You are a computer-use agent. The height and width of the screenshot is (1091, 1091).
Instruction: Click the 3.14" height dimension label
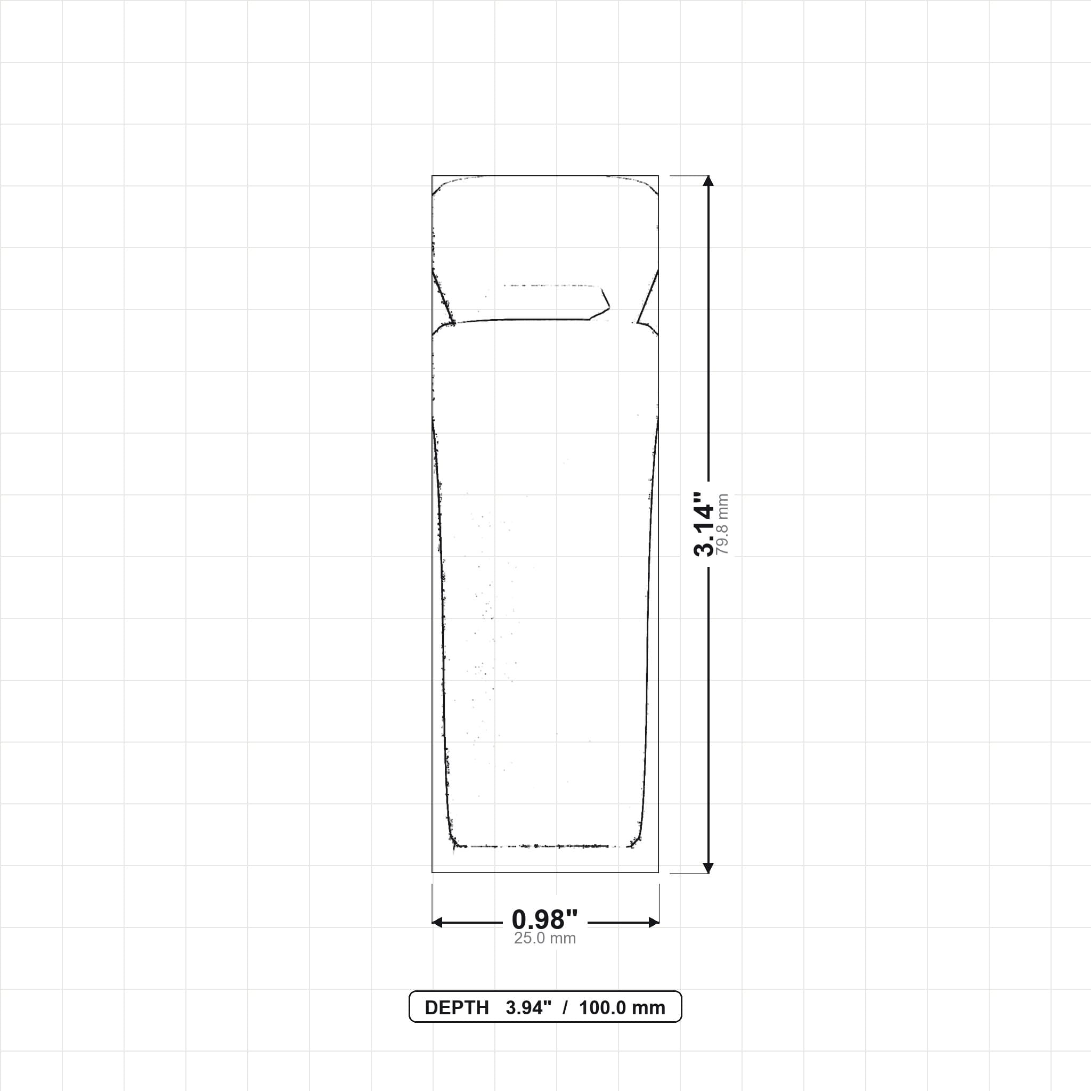click(x=704, y=524)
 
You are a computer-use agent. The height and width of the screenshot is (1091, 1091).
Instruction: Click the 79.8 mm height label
click(x=722, y=524)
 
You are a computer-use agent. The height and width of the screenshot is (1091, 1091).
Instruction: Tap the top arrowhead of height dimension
click(x=709, y=181)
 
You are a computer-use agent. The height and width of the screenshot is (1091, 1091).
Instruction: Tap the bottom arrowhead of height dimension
click(x=709, y=868)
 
